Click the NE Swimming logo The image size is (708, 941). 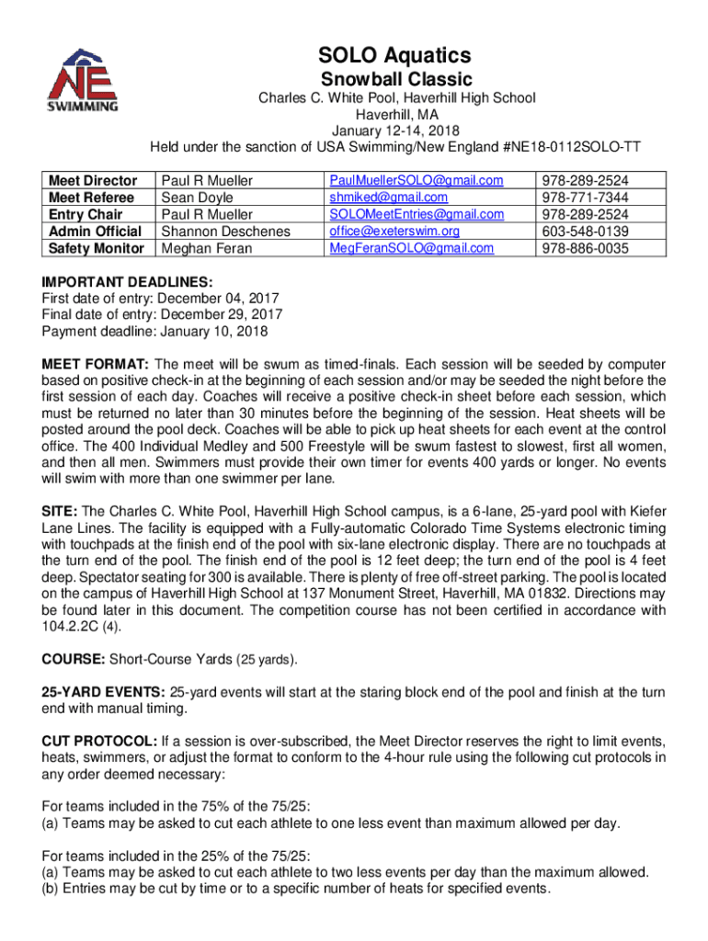tap(84, 80)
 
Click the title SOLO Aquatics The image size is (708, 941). tap(395, 56)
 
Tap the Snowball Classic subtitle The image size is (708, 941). tap(395, 80)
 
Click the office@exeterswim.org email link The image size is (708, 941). tap(394, 232)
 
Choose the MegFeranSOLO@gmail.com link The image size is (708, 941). tap(411, 248)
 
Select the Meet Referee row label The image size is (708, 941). tap(91, 198)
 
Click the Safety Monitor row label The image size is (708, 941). tap(97, 248)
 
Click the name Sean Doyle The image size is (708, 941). tap(198, 198)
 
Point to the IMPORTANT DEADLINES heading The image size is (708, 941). tap(128, 282)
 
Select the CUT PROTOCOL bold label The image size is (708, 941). tap(99, 741)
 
